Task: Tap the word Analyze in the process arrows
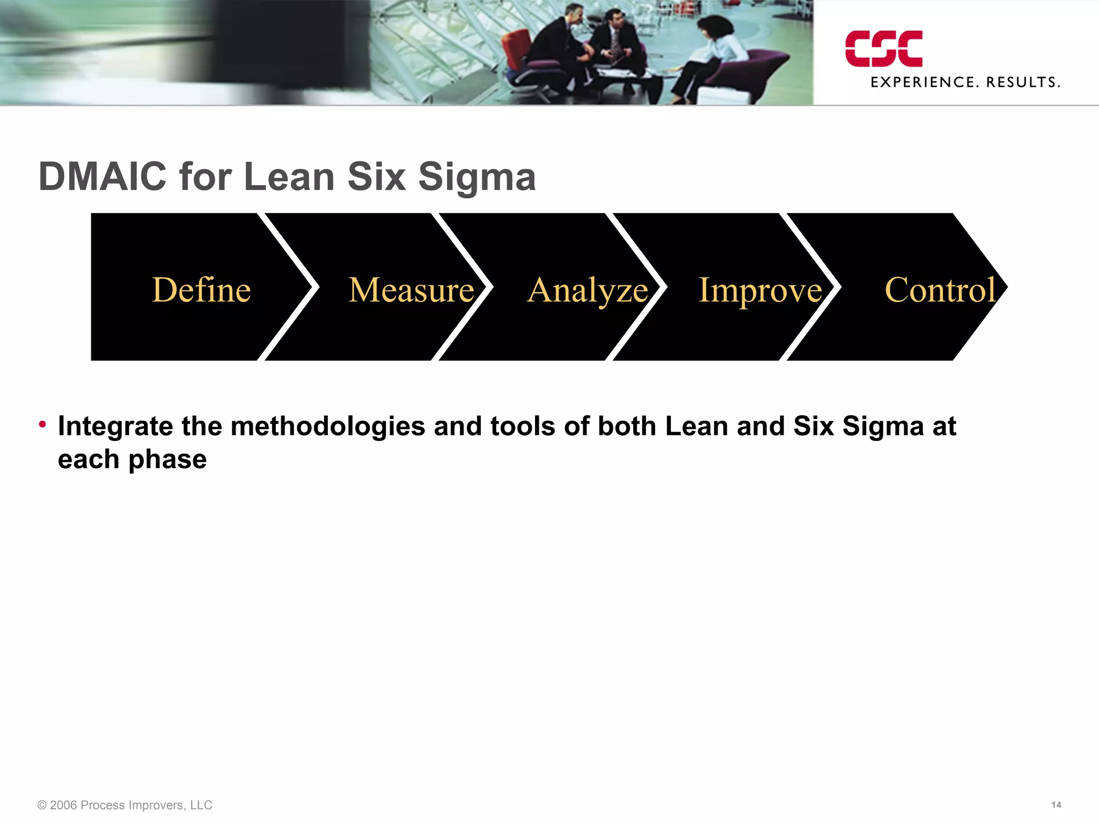pos(588,291)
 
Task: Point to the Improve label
pos(760,291)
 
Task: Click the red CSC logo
pos(884,49)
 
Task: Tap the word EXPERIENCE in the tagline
pos(922,83)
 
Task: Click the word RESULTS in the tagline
pos(1022,83)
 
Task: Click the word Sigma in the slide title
pos(477,178)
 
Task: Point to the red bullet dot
pos(42,424)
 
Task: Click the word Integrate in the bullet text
pos(115,427)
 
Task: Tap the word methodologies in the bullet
pos(328,427)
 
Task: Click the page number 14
pos(1056,805)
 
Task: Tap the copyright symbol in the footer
pos(42,805)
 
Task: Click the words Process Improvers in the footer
pos(131,805)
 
